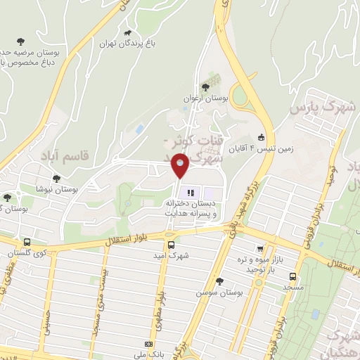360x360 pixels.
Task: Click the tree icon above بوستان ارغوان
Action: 205,87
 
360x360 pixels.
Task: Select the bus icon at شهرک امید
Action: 171,245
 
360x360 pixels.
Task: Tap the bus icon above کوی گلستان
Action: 27,242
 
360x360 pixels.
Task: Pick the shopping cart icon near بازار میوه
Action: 261,248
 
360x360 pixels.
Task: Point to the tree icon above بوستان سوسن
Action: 219,281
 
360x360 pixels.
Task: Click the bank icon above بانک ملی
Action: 148,344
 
